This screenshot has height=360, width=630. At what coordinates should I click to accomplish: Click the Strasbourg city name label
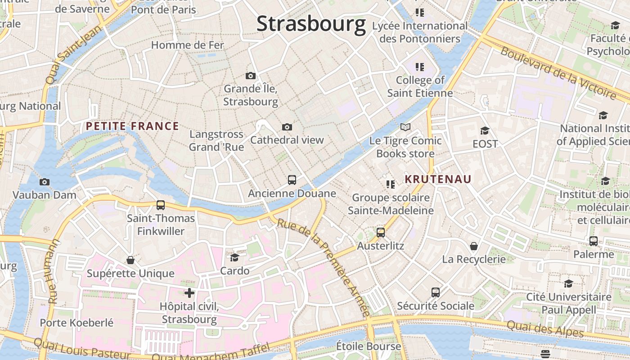point(311,24)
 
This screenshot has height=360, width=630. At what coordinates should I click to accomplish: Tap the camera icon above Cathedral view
point(287,127)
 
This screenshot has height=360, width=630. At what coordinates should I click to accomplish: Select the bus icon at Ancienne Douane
point(292,180)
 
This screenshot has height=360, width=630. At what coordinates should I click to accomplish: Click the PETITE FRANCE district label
point(132,126)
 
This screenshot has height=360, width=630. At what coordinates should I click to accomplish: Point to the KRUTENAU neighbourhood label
point(438,180)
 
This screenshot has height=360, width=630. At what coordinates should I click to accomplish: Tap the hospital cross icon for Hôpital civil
point(189,293)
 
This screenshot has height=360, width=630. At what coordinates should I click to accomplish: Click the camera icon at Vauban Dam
point(44,182)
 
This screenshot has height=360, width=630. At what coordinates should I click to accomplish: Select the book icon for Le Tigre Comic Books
point(405,127)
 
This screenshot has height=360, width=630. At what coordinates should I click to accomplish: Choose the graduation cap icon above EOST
point(485,131)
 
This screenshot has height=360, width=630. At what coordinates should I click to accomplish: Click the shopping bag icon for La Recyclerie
point(474,246)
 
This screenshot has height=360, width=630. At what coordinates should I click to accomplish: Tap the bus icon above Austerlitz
point(381,233)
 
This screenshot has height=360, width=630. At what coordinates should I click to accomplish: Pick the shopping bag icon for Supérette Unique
point(130,260)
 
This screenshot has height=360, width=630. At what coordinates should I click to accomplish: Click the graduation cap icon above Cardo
point(234,257)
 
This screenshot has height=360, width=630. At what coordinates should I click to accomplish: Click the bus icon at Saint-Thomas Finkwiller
point(161,205)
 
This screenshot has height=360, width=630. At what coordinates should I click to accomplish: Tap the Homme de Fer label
point(187,45)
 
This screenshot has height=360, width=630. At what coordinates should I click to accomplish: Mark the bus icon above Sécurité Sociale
point(436,292)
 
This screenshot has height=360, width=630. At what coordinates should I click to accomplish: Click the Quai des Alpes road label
point(545,329)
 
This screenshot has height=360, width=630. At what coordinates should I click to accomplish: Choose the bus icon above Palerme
point(594,241)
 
